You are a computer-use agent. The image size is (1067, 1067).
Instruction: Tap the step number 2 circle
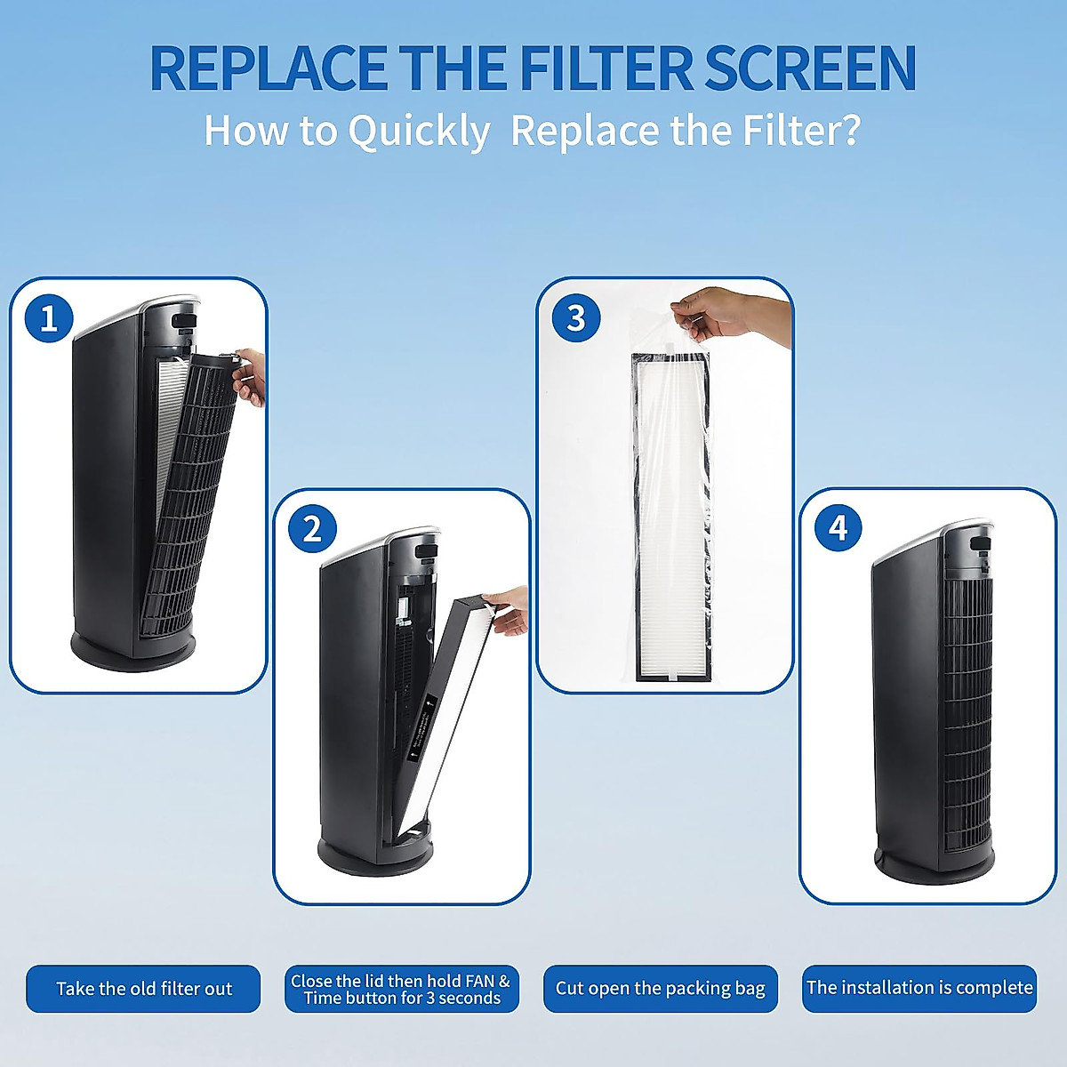pos(312,529)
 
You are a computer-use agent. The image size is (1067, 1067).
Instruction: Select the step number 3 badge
pos(576,318)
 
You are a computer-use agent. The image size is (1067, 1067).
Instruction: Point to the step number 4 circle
pos(838,528)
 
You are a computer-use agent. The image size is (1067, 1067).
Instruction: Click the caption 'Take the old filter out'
pos(143,989)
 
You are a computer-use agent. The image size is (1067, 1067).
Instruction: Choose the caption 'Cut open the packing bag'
pos(660,989)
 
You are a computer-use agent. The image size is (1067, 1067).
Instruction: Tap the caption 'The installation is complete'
pos(919,988)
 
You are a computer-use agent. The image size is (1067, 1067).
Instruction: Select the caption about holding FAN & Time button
pos(401,989)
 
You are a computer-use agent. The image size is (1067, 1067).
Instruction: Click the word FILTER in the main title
pos(606,68)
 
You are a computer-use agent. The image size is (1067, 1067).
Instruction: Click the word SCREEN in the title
pos(810,68)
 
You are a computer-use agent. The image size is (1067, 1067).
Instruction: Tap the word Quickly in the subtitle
pos(418,132)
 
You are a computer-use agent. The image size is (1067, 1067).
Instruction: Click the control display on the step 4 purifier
pos(980,541)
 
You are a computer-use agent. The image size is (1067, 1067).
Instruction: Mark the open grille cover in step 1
pos(191,498)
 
